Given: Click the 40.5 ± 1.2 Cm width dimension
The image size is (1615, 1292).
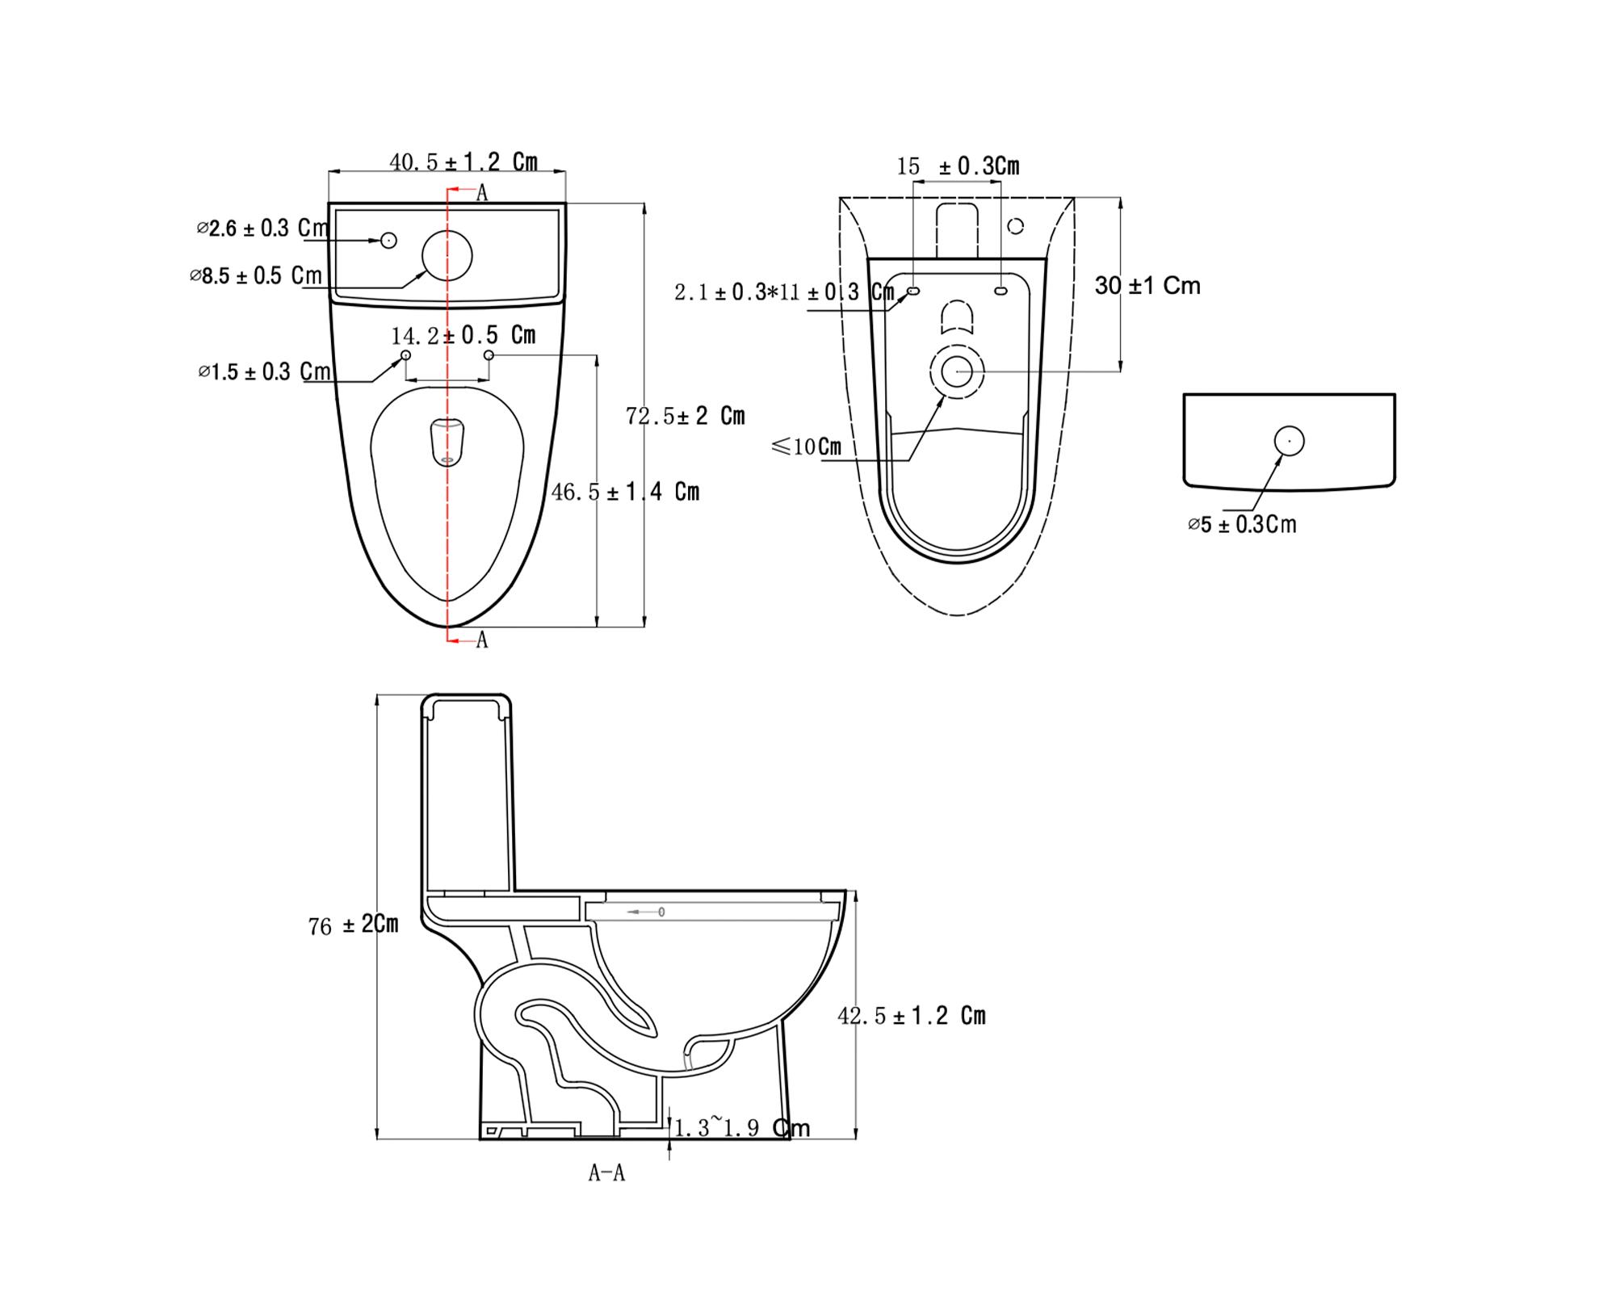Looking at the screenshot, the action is click(464, 161).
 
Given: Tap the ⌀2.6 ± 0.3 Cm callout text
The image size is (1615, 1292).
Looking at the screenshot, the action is click(263, 229).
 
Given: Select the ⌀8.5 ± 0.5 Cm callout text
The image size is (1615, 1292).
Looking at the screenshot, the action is click(256, 275).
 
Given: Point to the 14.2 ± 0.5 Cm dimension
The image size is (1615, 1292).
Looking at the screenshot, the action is click(464, 334).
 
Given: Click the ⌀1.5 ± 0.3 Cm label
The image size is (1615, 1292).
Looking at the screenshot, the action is click(265, 371).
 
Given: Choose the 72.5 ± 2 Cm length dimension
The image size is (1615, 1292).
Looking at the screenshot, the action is click(686, 416).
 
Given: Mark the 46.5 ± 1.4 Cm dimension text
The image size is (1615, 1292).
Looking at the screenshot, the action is click(626, 492).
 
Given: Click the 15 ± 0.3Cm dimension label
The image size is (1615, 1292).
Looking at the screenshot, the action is click(959, 166).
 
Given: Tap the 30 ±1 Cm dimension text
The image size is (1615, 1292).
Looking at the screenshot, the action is click(1147, 285).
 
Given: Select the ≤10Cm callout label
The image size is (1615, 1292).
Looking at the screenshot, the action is click(807, 447).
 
